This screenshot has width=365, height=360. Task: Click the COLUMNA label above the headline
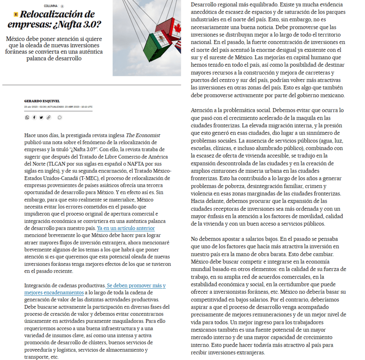point(51,6)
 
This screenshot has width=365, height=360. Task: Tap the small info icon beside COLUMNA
point(62,6)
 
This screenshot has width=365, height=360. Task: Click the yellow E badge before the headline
point(16,15)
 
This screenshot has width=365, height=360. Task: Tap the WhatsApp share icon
point(27,117)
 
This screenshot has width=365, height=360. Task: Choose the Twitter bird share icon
point(41,117)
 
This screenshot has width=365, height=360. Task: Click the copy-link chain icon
point(49,117)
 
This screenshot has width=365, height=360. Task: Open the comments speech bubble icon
point(60,117)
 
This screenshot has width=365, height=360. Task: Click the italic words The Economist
point(143,135)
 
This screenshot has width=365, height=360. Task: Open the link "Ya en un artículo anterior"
point(126,228)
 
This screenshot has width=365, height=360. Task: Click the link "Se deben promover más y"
point(136,286)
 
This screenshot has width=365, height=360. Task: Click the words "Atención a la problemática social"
point(230,110)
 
